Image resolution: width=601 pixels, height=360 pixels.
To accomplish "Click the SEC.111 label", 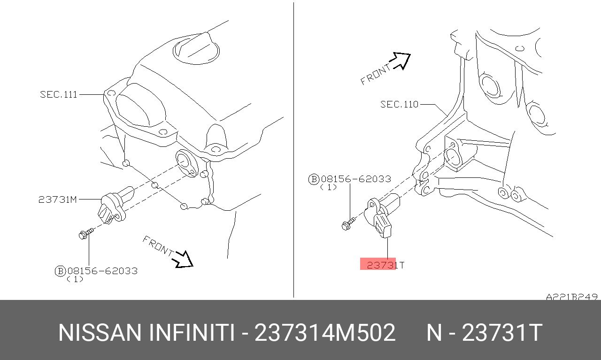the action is [59, 94].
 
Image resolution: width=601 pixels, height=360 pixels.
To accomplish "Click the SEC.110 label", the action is [399, 104].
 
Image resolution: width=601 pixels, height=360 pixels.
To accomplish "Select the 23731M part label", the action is [57, 199].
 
